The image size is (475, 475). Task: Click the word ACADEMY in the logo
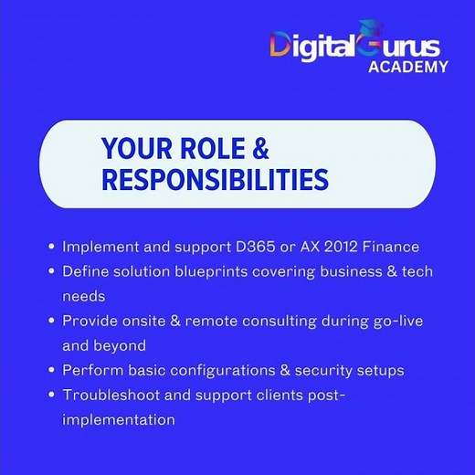coord(408,67)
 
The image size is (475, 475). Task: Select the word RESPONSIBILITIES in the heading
coord(215,180)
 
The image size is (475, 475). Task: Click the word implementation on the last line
coord(119,419)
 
